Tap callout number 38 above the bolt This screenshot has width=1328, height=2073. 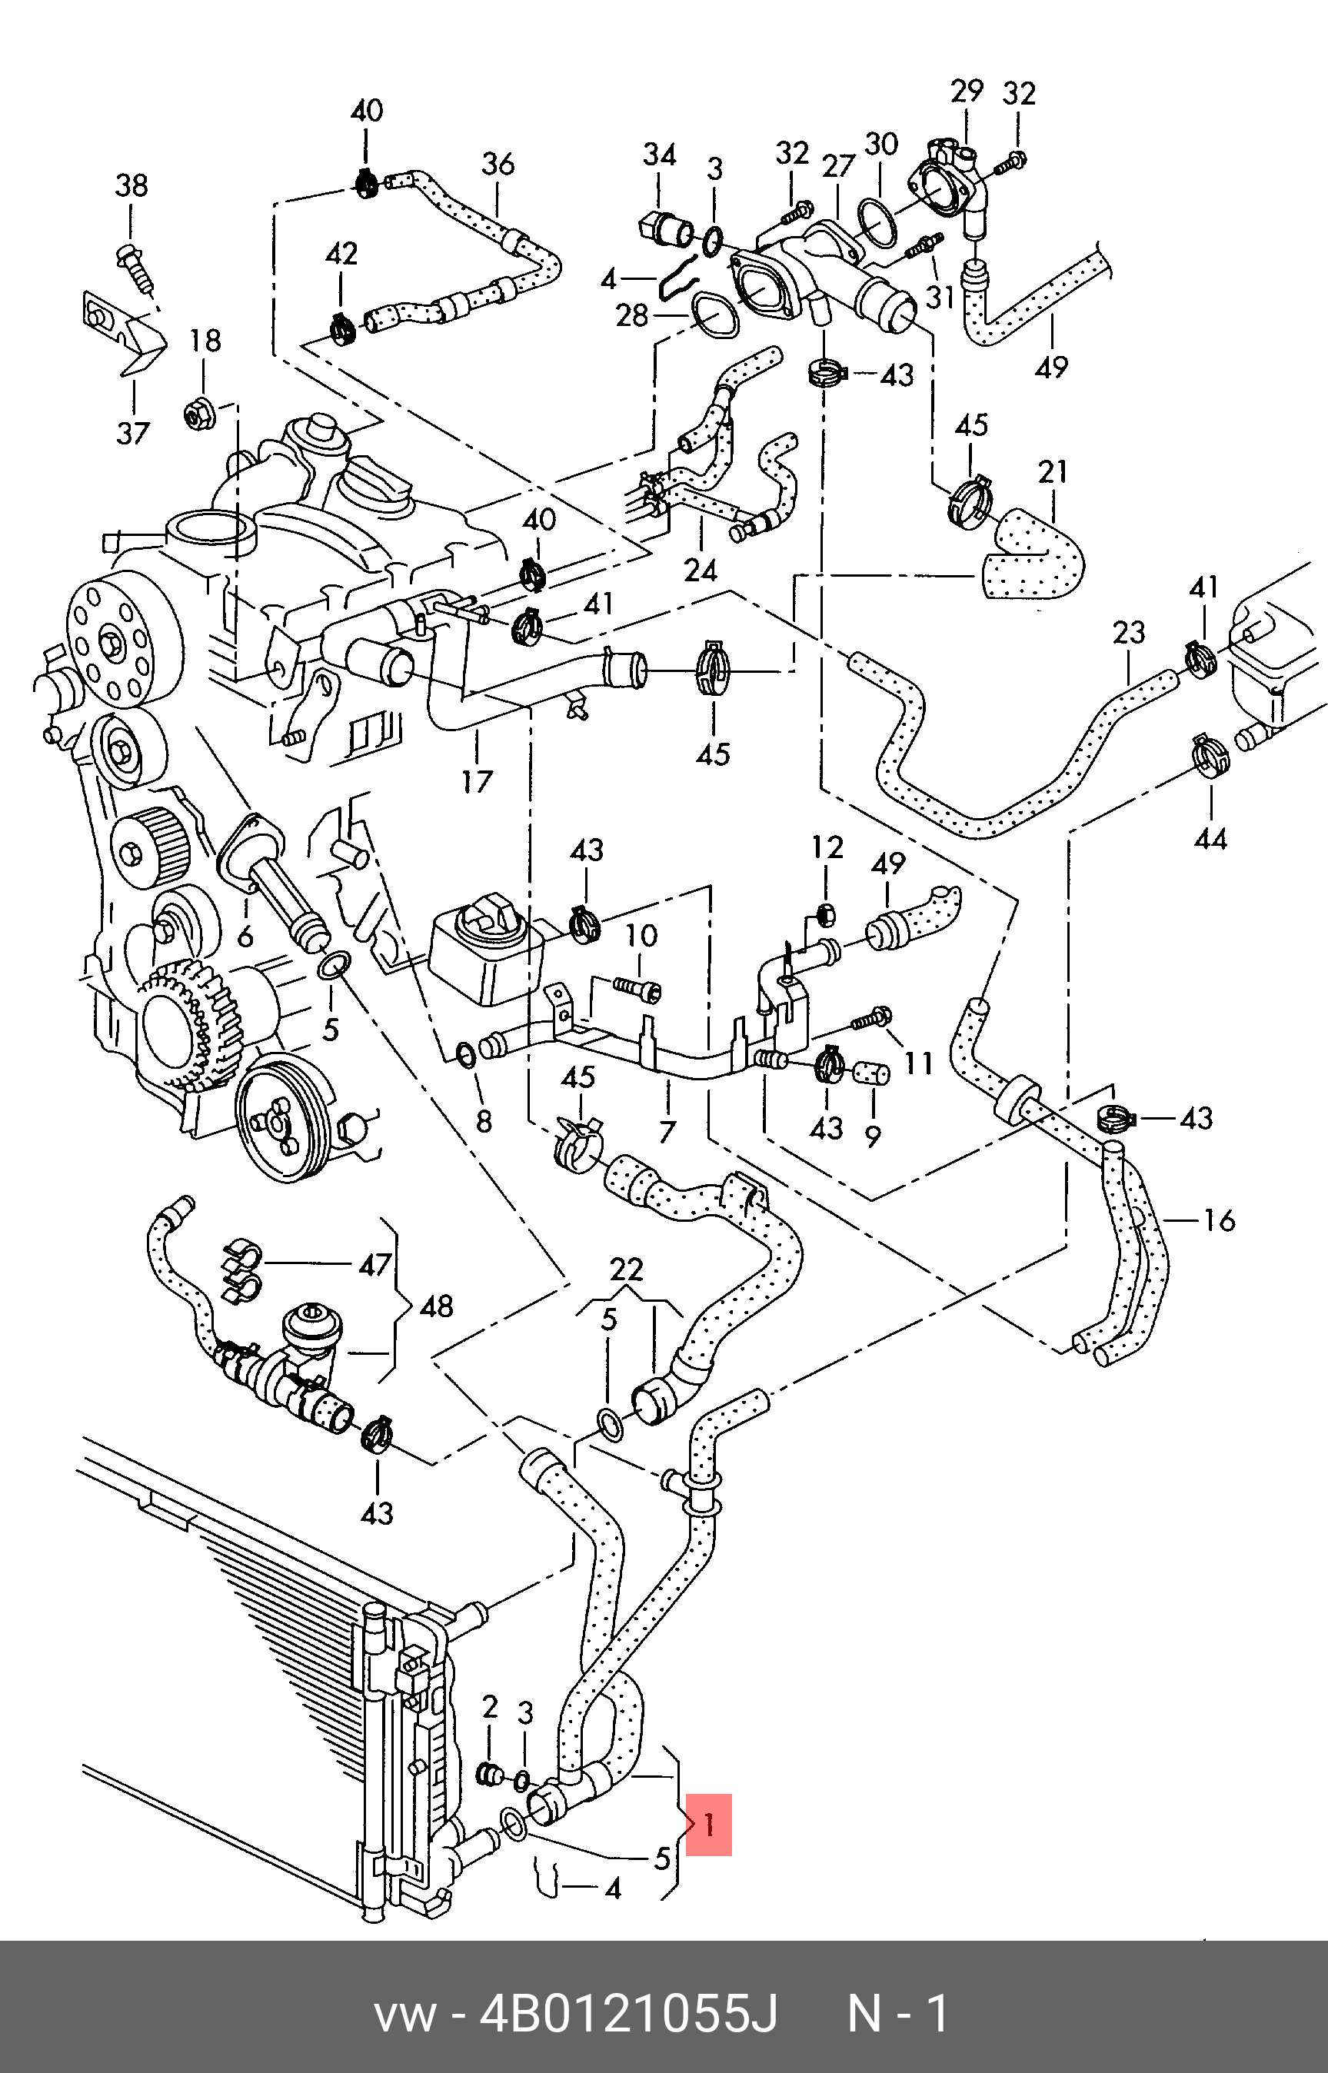coord(132,185)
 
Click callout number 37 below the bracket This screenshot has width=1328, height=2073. coord(134,432)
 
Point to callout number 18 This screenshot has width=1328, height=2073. coord(205,341)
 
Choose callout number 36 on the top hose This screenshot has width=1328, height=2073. coord(498,164)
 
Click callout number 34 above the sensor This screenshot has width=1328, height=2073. coord(660,155)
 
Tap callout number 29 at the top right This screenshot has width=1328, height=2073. coord(967,90)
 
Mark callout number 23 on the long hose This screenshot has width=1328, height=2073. coord(1129,632)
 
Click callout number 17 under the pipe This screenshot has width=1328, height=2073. coord(477,781)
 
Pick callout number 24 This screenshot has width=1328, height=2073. coord(701,570)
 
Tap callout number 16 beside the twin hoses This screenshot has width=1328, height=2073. coord(1220,1220)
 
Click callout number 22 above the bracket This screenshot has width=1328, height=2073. coord(627,1269)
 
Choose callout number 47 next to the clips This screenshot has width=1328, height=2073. coord(375,1265)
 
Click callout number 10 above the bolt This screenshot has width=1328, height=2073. coord(641,936)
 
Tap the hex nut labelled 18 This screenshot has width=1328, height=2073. coord(200,414)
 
